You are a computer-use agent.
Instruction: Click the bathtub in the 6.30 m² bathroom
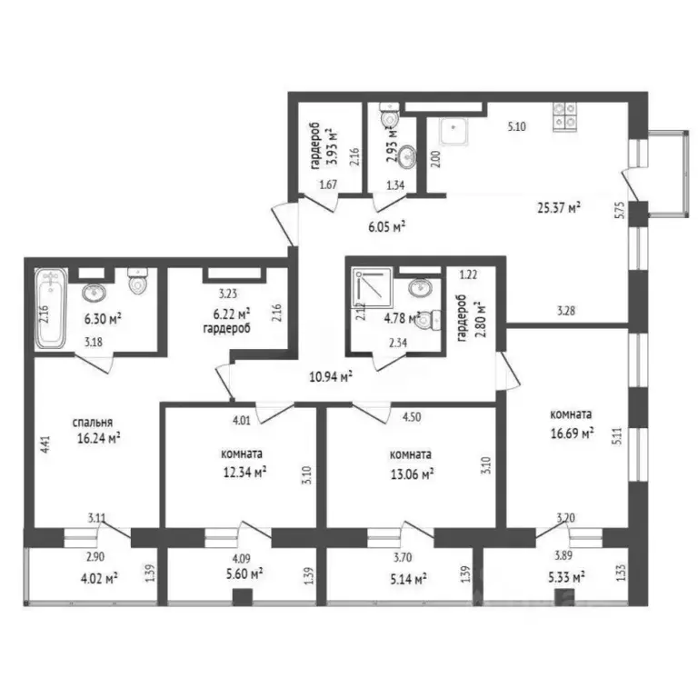[50, 310]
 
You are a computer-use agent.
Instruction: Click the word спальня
[94, 422]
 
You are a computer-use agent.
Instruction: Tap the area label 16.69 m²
[572, 434]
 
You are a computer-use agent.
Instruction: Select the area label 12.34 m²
[244, 471]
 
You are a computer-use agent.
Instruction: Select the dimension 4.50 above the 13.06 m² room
[413, 419]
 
